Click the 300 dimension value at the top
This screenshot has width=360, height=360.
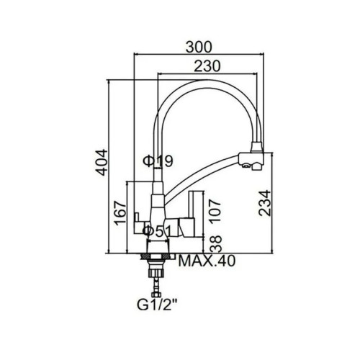point(199,47)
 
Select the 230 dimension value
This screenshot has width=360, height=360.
point(207,66)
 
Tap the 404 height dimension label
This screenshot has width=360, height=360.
point(101,163)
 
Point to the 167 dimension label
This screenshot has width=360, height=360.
point(120,213)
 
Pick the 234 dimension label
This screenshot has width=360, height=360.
point(265,203)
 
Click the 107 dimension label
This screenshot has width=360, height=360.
point(215,211)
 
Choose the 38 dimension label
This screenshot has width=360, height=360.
point(215,243)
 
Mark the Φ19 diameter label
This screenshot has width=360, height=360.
point(158,161)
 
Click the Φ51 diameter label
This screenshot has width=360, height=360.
point(158,231)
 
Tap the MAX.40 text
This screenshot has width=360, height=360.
point(207,261)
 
